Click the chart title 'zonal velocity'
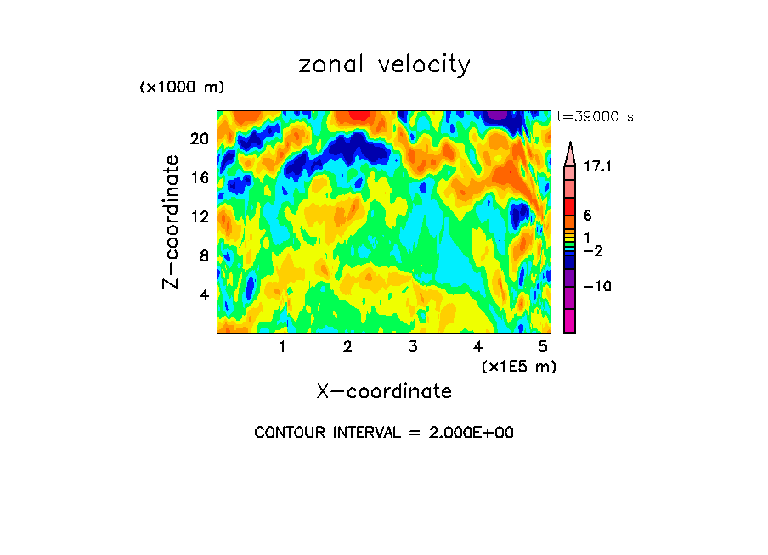pyautogui.click(x=384, y=65)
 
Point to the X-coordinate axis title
pyautogui.click(x=384, y=390)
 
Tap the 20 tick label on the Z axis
pyautogui.click(x=200, y=138)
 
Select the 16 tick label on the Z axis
pyautogui.click(x=200, y=177)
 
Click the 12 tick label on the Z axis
pyautogui.click(x=200, y=216)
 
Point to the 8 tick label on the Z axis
pyautogui.click(x=203, y=255)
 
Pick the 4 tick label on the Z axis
pyautogui.click(x=203, y=294)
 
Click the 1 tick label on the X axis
pyautogui.click(x=282, y=346)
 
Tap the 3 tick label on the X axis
pyautogui.click(x=412, y=346)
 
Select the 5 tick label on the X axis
pyautogui.click(x=542, y=346)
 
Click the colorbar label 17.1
pyautogui.click(x=598, y=167)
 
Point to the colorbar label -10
pyautogui.click(x=597, y=286)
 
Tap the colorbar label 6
pyautogui.click(x=587, y=216)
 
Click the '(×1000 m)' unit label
pyautogui.click(x=181, y=88)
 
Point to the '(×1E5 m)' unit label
pyautogui.click(x=518, y=366)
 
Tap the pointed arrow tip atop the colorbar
pyautogui.click(x=570, y=147)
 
